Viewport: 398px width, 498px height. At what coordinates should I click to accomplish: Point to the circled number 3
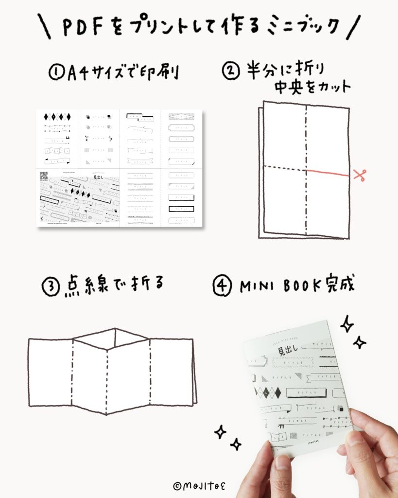pyautogui.click(x=51, y=286)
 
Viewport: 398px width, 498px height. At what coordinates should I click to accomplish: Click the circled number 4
pyautogui.click(x=222, y=286)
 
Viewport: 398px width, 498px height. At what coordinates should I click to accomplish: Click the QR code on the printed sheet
pyautogui.click(x=44, y=176)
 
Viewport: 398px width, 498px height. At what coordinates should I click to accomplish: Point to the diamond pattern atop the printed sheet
pyautogui.click(x=57, y=117)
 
